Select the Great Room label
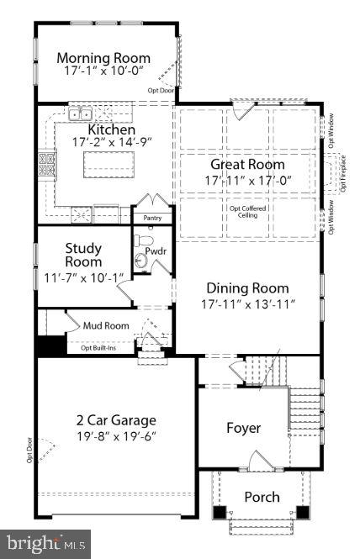247,165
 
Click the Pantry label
152,218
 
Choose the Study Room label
83,255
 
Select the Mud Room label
106,325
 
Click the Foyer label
244,428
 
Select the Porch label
262,497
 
